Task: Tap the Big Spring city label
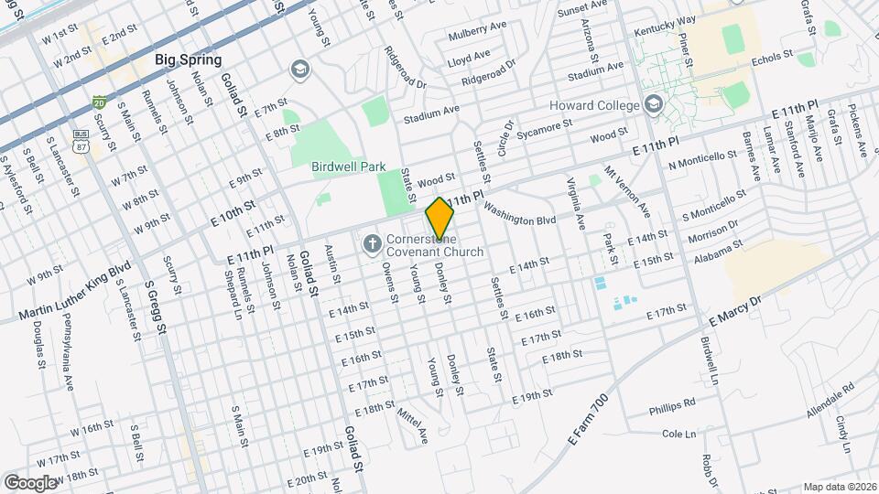(188, 60)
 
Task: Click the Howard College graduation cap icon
(652, 103)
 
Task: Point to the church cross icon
(372, 243)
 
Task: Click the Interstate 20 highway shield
(99, 102)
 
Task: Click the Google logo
(30, 482)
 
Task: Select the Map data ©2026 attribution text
(840, 487)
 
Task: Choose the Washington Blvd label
(520, 213)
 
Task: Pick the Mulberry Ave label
(477, 37)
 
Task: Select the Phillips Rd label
(673, 405)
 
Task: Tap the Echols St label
(770, 57)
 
